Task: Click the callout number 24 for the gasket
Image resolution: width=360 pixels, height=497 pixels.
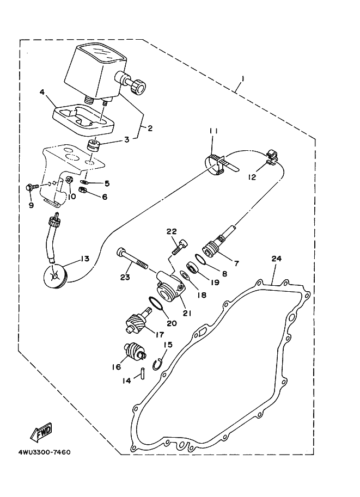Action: point(276,259)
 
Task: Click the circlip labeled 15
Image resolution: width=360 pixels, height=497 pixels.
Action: point(158,364)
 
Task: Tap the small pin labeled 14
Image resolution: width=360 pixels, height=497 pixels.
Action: point(141,375)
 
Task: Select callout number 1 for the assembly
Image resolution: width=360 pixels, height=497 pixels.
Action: point(243,78)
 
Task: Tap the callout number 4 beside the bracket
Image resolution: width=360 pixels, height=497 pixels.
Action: point(42,93)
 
